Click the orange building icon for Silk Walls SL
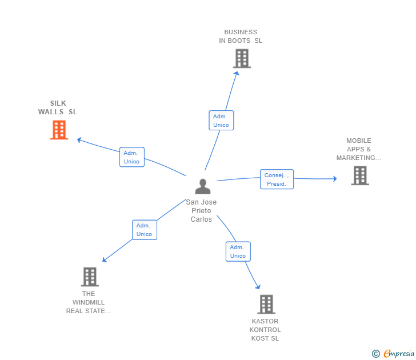[59, 130]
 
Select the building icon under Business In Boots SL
[242, 58]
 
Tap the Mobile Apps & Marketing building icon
[359, 175]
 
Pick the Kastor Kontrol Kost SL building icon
[266, 304]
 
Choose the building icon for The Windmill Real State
[90, 277]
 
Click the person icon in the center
[202, 186]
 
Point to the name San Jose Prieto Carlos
[201, 211]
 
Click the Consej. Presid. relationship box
[277, 179]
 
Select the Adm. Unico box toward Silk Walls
[132, 157]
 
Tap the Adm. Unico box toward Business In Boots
[221, 121]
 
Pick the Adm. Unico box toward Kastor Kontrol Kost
[238, 251]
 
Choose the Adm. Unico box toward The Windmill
[144, 230]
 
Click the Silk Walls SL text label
[58, 108]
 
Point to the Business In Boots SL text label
[241, 37]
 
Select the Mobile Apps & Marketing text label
[359, 149]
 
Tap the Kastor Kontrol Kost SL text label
[265, 330]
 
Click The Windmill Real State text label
[89, 302]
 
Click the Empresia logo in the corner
[398, 354]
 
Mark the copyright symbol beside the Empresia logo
[376, 354]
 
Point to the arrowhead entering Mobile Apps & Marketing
[335, 179]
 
